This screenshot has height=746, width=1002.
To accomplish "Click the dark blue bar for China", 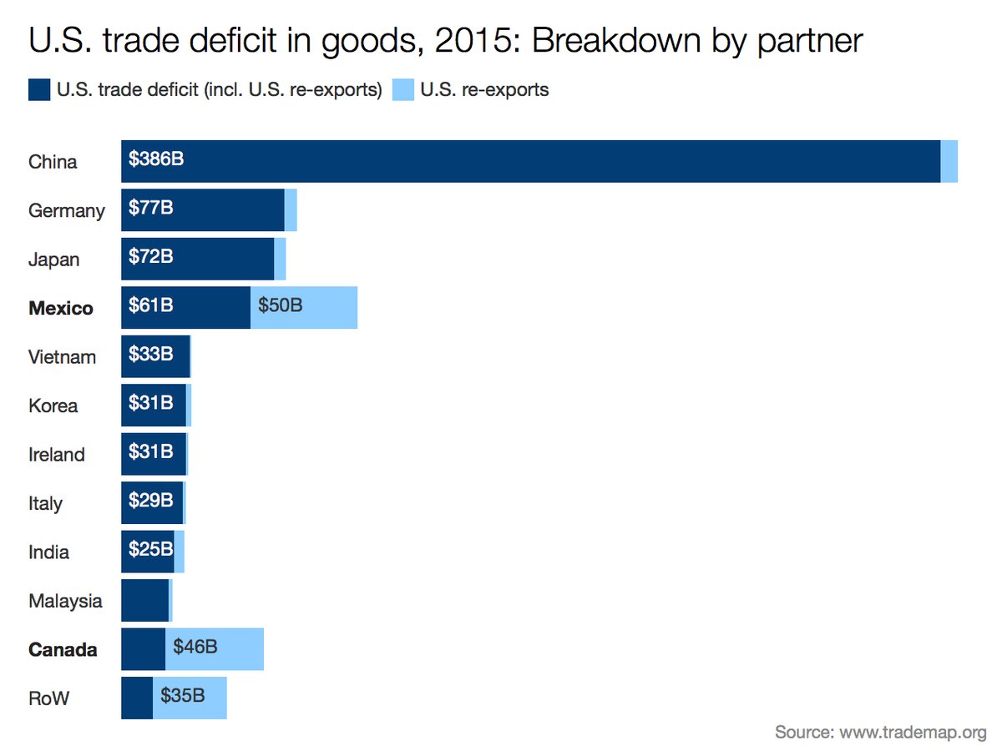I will coord(531,161).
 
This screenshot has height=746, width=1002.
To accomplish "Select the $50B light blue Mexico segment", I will coord(304,307).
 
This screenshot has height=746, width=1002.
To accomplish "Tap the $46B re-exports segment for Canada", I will coord(215,648).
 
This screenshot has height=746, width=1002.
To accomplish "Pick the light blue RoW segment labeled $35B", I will coord(190,698).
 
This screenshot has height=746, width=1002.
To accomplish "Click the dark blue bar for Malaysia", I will coord(144,600).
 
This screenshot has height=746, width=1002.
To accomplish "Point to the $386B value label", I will coord(156,159).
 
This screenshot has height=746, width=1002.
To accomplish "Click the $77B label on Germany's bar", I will coord(151,209).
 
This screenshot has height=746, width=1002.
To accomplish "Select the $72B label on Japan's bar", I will coord(151,257).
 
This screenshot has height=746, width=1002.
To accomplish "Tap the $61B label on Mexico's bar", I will coord(151,306).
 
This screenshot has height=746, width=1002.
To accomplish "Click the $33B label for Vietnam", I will coord(151,355).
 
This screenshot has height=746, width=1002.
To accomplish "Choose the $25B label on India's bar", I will coord(151,550).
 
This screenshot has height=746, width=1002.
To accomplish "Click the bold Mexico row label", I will coord(61,308).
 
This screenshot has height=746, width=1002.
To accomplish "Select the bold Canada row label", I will coord(63,649).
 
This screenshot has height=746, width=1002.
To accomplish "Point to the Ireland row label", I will coord(57,455).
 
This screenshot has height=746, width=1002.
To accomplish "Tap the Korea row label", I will coord(53,406).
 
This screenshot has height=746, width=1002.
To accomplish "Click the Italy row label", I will coord(46,503).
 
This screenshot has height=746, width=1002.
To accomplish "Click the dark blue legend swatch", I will coord(39,89).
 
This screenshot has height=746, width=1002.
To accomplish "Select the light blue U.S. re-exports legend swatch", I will coord(403,89).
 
